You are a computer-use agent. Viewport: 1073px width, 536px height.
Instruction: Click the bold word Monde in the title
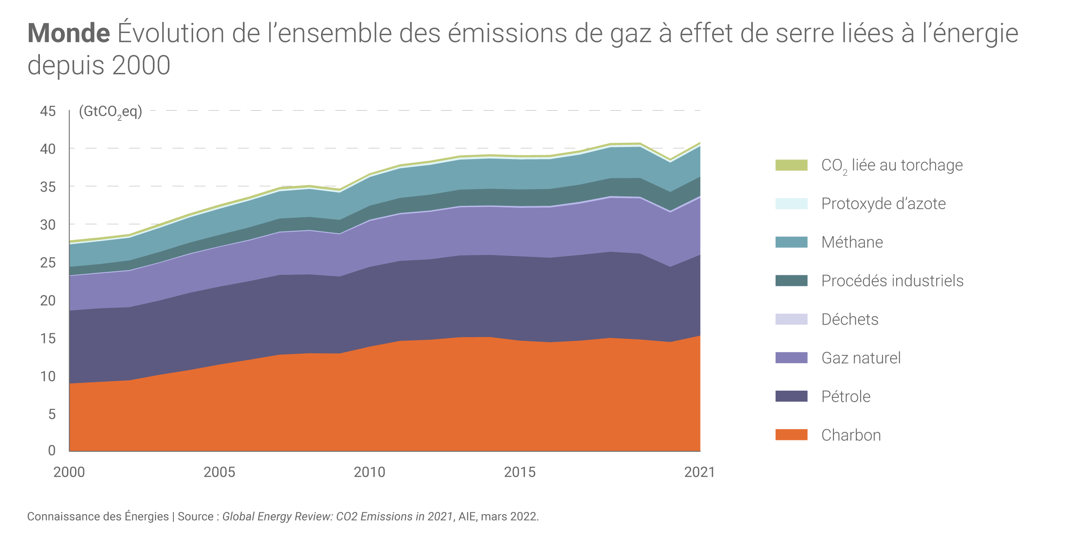click(x=69, y=33)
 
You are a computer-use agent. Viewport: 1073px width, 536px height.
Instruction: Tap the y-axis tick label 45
click(x=48, y=111)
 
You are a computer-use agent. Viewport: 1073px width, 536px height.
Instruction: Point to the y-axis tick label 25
click(x=48, y=262)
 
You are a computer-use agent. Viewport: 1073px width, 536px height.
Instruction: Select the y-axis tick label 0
click(x=52, y=450)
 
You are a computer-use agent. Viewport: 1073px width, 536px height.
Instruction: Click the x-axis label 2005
click(x=219, y=473)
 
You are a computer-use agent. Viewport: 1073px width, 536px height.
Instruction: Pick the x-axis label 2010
click(x=370, y=473)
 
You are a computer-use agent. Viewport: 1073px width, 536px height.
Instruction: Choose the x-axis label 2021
click(x=700, y=473)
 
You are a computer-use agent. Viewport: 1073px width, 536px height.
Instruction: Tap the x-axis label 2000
click(x=69, y=473)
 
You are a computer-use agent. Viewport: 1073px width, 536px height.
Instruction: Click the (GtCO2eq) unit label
click(x=110, y=112)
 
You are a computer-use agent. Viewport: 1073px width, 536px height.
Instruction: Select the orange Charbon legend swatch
click(x=791, y=435)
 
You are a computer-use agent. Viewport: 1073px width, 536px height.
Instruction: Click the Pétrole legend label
click(x=846, y=397)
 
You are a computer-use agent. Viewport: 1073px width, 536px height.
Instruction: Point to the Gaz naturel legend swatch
click(x=791, y=358)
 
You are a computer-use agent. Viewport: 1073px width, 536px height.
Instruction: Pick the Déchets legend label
click(x=850, y=319)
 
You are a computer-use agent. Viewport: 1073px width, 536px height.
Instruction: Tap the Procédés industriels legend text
click(x=892, y=281)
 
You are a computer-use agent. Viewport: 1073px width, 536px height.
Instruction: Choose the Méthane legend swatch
click(x=791, y=242)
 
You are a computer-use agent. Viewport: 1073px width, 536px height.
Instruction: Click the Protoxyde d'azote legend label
click(x=883, y=204)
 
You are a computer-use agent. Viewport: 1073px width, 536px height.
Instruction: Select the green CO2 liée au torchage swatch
click(x=791, y=165)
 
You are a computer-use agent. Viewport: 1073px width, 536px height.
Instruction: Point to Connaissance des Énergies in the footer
click(x=98, y=516)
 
